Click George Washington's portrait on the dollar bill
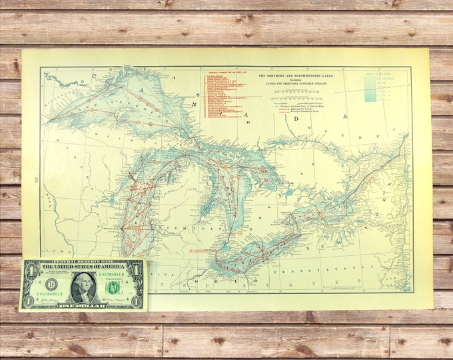(x=82, y=287)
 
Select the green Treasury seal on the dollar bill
(x=114, y=287)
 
